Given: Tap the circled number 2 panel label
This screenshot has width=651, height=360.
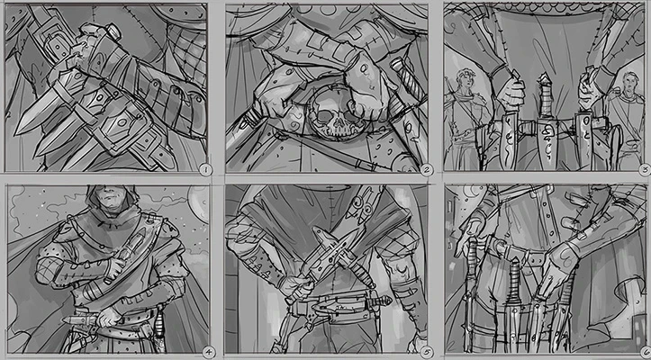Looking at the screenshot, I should pyautogui.click(x=427, y=167).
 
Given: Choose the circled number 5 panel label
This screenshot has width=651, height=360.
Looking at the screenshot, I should pyautogui.click(x=426, y=352).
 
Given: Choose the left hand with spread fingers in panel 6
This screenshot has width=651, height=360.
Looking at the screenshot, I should pyautogui.click(x=472, y=238).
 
